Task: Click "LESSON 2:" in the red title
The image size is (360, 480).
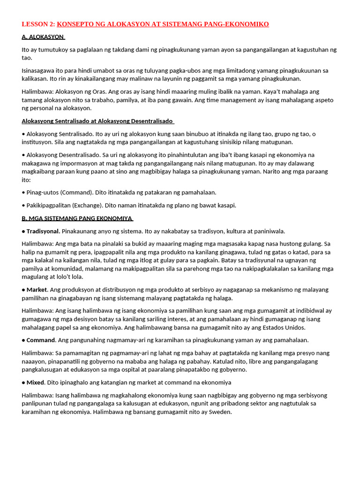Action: point(38,24)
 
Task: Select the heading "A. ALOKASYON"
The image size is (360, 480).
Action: point(43,37)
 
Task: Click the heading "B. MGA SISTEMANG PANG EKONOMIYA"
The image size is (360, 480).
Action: point(77,218)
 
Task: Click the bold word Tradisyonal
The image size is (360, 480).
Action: point(43,231)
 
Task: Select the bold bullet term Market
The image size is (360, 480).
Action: point(37,290)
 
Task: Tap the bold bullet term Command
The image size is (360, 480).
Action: point(41,340)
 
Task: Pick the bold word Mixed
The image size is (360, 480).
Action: point(36,382)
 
